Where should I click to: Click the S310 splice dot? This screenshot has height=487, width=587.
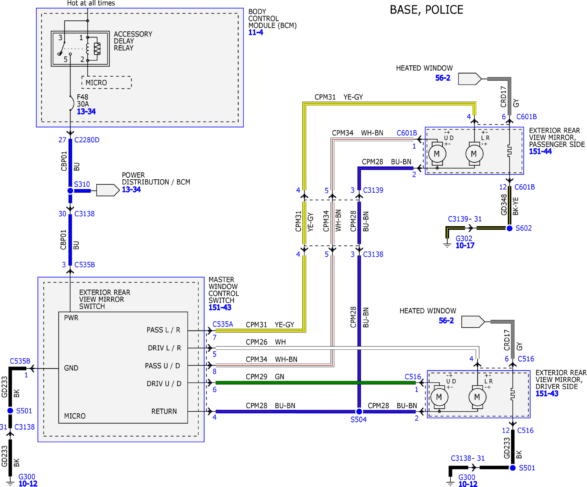coord(70,191)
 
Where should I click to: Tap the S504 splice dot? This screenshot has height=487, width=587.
coord(359,411)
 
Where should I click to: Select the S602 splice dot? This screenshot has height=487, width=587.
coord(510,228)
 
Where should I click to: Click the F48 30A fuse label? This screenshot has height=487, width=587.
coord(83,100)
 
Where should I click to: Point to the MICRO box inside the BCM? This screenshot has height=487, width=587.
coord(106,83)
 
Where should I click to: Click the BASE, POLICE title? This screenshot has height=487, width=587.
coord(427,10)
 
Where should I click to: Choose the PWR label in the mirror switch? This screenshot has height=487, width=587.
coord(71,318)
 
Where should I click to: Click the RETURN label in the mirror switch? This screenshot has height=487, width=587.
coord(164,411)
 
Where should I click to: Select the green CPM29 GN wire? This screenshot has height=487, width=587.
coord(316,383)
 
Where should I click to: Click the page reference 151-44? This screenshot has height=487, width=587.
coord(540,151)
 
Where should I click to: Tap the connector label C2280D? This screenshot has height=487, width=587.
coord(87,140)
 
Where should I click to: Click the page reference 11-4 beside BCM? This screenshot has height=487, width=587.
coord(256,33)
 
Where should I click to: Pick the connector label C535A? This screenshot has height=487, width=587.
coord(223,324)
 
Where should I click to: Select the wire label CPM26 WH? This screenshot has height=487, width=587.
coord(266,342)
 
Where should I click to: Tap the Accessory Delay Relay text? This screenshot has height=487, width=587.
coord(133,41)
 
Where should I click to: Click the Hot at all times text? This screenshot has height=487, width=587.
coord(91,3)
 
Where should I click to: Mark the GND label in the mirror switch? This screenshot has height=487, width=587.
coord(71,368)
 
